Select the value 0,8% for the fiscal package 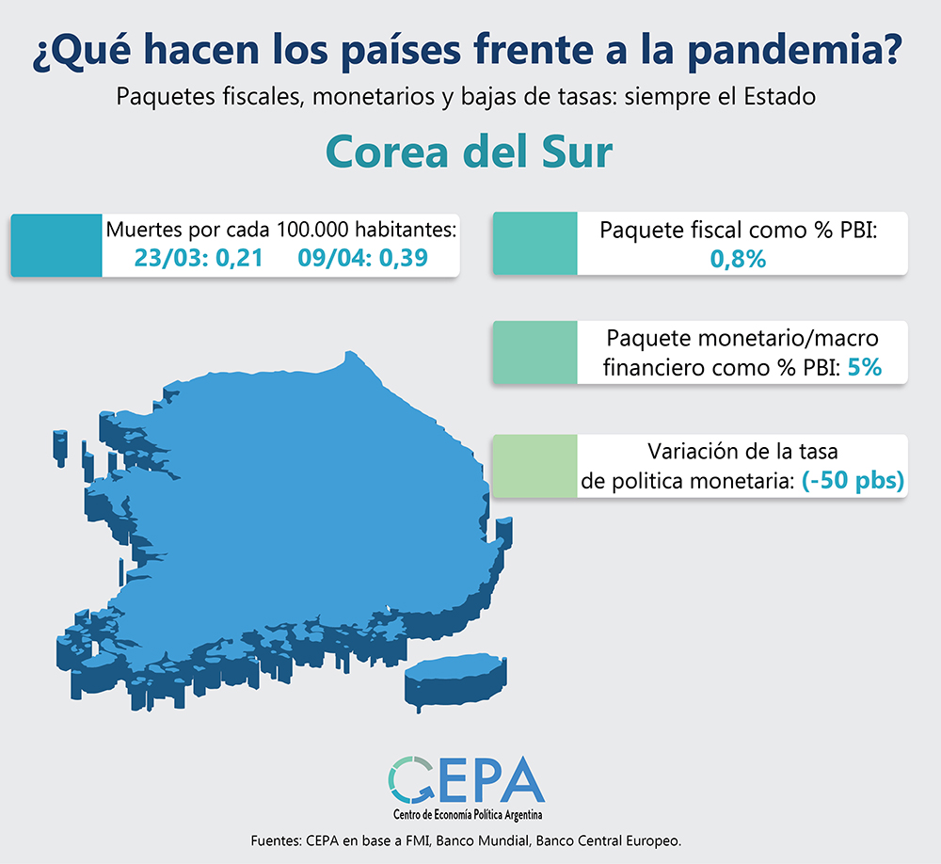tap(737, 258)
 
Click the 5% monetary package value tap(864, 368)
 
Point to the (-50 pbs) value tap(853, 481)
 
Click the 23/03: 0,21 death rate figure tap(198, 258)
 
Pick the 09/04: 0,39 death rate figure tap(363, 258)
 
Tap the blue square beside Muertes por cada tap(56, 245)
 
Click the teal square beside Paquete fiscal tap(534, 244)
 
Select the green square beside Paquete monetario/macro tap(534, 353)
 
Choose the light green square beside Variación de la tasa tap(534, 466)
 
